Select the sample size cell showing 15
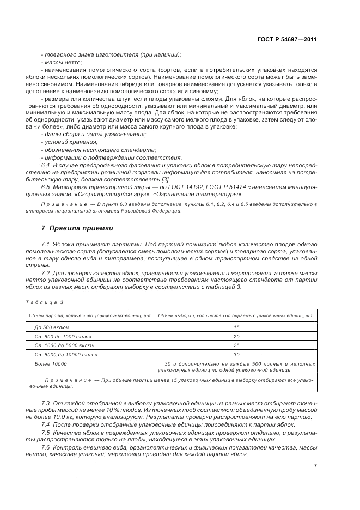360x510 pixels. tap(236, 327)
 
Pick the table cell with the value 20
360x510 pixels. tap(236, 336)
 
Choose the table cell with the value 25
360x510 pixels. tap(236, 345)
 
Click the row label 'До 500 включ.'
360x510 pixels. tap(51, 327)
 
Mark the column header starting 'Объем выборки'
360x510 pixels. tap(236, 315)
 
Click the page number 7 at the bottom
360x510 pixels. tap(315, 466)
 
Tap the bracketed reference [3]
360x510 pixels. tap(166, 179)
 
